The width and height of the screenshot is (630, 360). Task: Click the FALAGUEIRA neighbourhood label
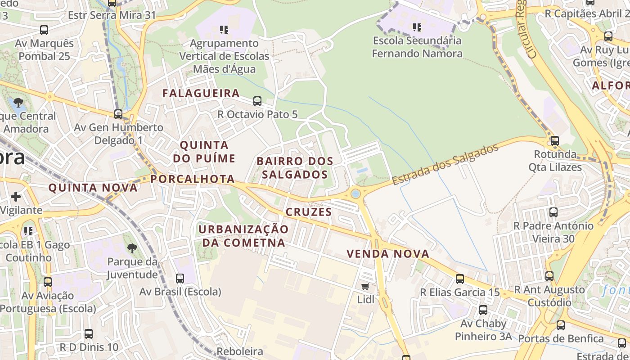coord(201,93)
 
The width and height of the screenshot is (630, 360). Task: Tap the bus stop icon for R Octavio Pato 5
coord(257,101)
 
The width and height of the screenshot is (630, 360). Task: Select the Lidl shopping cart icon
coord(365,286)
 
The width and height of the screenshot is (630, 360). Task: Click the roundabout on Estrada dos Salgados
coord(355,194)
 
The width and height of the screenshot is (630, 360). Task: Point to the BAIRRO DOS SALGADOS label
coord(295,167)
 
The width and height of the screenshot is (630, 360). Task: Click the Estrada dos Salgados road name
coord(445,164)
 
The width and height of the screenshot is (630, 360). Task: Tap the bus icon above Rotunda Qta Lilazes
coord(554,141)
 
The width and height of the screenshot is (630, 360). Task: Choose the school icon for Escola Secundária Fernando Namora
coord(417,27)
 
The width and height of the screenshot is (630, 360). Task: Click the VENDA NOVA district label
coord(388,254)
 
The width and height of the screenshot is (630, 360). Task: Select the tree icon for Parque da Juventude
coord(132,248)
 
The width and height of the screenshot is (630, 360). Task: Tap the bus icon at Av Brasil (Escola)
coord(180,278)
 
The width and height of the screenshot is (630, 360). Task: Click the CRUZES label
coord(309,212)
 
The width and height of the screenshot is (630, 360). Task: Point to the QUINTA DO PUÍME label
coord(204,152)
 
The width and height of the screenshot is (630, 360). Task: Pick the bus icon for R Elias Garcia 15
coord(460,279)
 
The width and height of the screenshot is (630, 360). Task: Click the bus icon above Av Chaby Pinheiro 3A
coord(483,310)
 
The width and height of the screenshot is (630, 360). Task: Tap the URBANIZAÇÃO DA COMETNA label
coord(243,236)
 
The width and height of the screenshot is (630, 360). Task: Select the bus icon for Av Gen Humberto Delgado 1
coord(118,114)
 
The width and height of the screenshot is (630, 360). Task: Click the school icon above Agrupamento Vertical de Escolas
coord(224,30)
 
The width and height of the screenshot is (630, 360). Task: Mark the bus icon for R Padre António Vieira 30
coord(553,212)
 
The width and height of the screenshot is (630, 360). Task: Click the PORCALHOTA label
coord(193,179)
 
